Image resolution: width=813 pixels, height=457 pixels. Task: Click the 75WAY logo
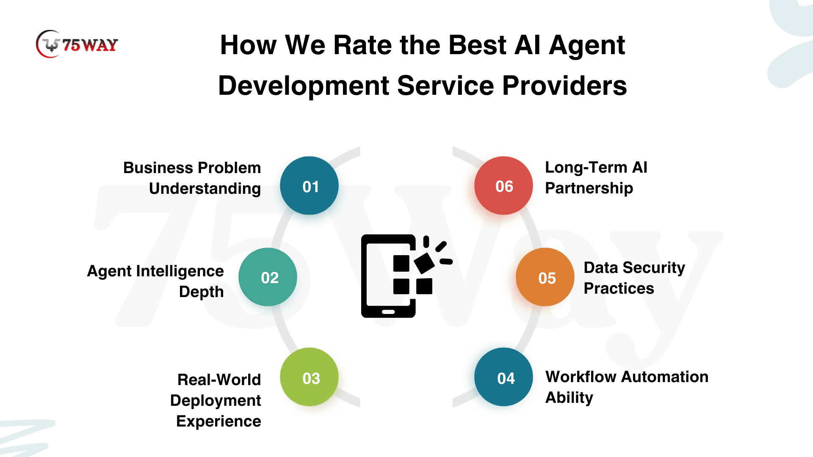[77, 44]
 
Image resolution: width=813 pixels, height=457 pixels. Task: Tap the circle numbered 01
[309, 186]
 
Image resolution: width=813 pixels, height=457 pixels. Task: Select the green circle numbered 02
[268, 277]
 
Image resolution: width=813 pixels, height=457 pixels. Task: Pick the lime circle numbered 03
[309, 377]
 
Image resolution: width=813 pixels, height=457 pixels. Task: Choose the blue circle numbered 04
[503, 377]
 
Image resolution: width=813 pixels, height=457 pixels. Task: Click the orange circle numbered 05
[545, 277]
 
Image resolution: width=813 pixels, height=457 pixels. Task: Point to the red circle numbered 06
[503, 186]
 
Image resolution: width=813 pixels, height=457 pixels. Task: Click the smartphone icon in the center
[406, 276]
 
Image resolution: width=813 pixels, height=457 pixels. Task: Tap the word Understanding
[205, 189]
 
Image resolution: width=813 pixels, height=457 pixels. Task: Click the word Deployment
[216, 401]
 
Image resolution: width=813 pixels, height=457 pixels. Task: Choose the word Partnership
[589, 188]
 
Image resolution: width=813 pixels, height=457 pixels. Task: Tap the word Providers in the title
[564, 85]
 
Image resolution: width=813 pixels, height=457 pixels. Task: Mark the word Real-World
[219, 380]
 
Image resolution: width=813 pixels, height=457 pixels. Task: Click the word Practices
[619, 288]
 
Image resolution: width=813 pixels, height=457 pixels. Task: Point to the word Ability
[569, 398]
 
